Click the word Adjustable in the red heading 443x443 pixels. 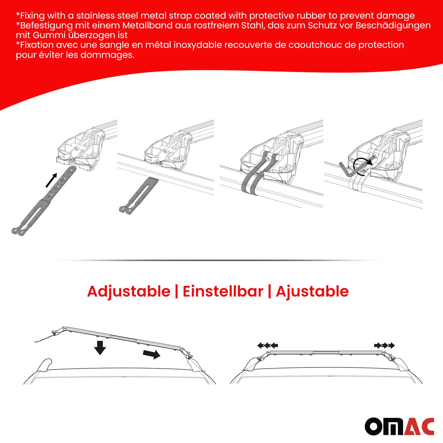point(129,291)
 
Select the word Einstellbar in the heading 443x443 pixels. point(223,291)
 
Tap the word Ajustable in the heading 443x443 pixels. point(312,291)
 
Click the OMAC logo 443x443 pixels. point(399,426)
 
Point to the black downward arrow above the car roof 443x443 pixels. point(100,347)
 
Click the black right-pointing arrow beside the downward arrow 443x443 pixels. point(152,354)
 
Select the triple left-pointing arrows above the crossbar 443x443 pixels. point(268,345)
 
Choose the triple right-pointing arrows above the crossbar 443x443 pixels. point(384,345)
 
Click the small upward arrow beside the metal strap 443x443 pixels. point(51,180)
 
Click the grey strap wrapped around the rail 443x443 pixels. point(251,185)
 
